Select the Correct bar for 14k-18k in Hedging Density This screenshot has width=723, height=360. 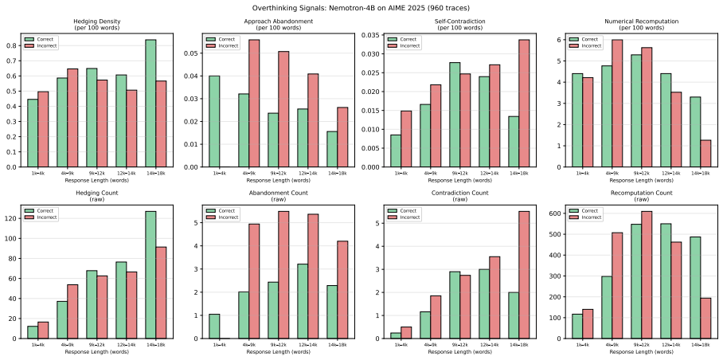tap(150, 104)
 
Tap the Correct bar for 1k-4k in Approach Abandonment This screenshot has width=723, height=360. tap(214, 121)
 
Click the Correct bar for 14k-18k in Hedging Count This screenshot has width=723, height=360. tap(150, 275)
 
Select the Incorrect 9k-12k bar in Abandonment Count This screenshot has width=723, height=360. tap(283, 275)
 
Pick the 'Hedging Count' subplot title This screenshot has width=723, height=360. tap(96, 193)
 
